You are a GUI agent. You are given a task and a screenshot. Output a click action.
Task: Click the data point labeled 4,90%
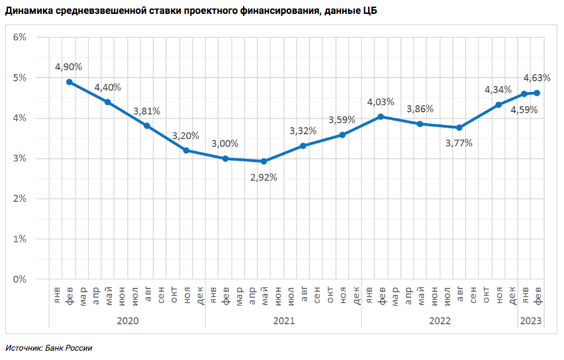(x=70, y=82)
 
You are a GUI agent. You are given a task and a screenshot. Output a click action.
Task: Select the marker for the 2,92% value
(x=263, y=161)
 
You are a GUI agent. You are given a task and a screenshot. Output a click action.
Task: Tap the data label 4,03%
(x=381, y=102)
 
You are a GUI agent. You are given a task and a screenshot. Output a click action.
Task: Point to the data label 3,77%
(x=459, y=143)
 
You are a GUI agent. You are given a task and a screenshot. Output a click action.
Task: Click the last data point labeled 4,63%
(x=537, y=93)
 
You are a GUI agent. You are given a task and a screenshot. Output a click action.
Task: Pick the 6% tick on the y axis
(x=20, y=38)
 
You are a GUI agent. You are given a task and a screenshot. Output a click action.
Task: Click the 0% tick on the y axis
(x=20, y=279)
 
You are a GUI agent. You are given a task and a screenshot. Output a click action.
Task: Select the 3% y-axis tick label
(x=20, y=159)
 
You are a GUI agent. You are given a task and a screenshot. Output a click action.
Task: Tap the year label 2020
(x=127, y=321)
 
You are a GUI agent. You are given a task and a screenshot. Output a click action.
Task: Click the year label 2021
(x=283, y=321)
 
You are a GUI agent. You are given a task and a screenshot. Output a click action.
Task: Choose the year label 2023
(x=531, y=321)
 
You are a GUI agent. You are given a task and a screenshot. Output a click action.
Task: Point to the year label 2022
(x=440, y=321)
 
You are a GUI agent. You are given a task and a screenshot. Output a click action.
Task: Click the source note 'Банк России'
(x=69, y=348)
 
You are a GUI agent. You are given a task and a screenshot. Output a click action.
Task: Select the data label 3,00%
(x=225, y=144)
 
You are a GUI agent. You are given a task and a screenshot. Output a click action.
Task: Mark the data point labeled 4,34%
(x=498, y=105)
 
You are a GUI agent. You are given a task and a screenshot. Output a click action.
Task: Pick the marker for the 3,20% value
(x=186, y=151)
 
